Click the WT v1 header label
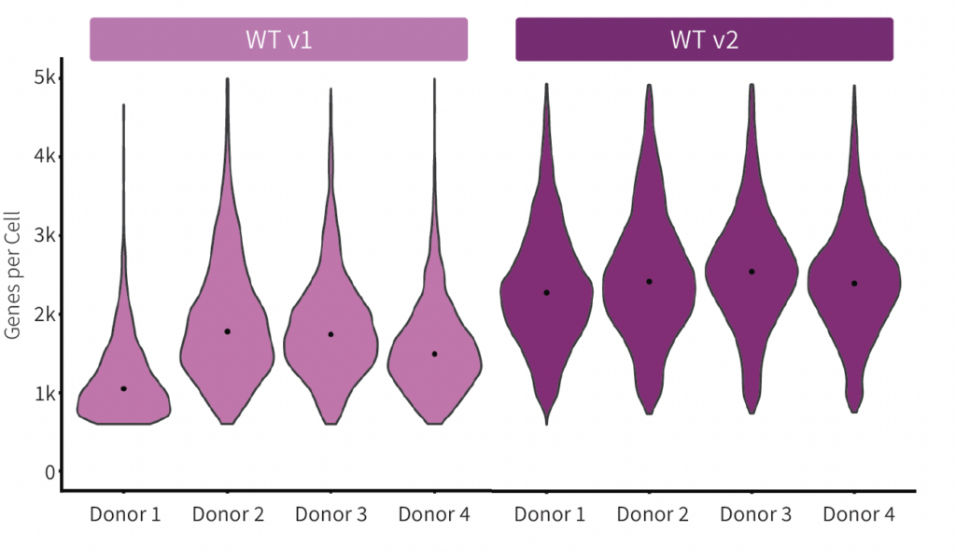tap(278, 39)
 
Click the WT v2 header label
tap(704, 39)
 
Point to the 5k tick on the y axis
tap(45, 77)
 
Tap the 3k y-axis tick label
tap(45, 234)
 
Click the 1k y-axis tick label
tap(45, 393)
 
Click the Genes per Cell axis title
tap(12, 274)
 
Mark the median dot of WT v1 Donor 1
tap(124, 389)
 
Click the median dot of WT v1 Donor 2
tap(228, 331)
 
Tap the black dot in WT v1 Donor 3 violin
tap(331, 334)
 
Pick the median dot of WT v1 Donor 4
tap(435, 354)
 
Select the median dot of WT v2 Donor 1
tap(547, 293)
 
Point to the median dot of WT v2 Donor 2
tap(650, 282)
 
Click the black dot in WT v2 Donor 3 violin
tap(752, 272)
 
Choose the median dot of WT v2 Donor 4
tap(855, 284)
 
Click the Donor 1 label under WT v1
tap(125, 514)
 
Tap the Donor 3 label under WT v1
tap(331, 514)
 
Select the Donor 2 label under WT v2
tap(653, 514)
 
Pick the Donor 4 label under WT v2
tap(859, 514)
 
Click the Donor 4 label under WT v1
tap(434, 514)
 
